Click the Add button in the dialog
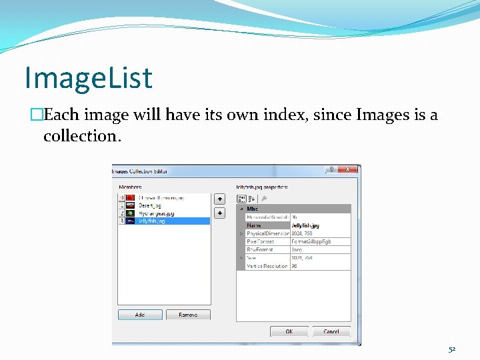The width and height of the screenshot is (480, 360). pos(140,314)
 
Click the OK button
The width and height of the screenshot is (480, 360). pos(289,331)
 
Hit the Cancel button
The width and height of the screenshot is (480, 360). pos(331,331)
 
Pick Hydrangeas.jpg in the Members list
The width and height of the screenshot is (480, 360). pos(156,213)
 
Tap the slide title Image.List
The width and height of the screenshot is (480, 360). pos(88,77)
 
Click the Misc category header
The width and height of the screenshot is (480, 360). pos(253,209)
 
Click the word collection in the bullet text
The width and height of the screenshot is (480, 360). pos(79,136)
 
